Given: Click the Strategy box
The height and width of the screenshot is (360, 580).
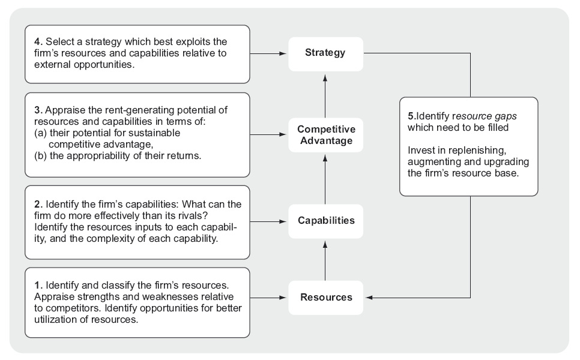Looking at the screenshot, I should pos(325,53).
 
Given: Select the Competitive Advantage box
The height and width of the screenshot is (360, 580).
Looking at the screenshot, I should pos(325,135).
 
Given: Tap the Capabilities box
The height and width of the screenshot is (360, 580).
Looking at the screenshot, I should pos(325,220).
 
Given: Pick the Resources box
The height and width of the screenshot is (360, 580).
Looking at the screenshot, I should pos(325,297).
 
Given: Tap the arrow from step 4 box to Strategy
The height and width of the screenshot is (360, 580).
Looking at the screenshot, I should pos(268,53).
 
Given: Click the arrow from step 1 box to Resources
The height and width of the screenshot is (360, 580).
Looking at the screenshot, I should pos(268,298).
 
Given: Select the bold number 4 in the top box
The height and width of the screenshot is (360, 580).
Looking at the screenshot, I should pos(37,41).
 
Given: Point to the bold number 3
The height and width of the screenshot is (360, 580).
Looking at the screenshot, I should pos(37,110).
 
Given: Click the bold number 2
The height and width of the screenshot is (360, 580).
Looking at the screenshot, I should pos(37,205).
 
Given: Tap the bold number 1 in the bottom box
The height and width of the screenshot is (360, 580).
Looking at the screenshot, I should pos(37,284).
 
